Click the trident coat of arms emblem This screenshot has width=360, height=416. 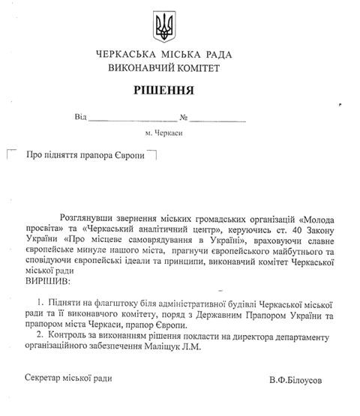[163, 27]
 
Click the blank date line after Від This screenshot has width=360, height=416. [133, 118]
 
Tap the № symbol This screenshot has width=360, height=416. [183, 117]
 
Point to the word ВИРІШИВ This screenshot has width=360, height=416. [46, 281]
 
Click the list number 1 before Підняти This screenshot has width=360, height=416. [40, 304]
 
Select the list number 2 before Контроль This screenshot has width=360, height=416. [40, 334]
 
